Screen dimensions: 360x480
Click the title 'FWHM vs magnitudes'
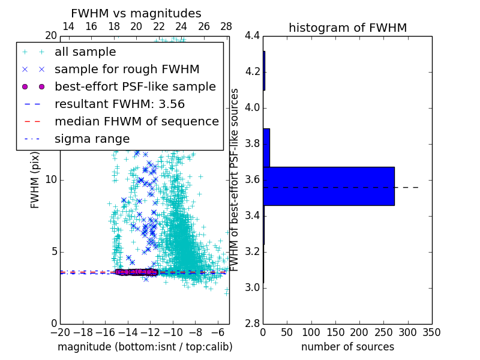(x=136, y=13)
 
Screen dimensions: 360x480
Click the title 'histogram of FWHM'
(x=347, y=28)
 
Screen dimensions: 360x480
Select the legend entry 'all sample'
(x=85, y=52)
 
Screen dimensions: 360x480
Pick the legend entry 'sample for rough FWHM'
(x=127, y=70)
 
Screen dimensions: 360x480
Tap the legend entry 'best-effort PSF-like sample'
(x=135, y=86)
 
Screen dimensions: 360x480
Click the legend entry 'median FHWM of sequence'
(x=136, y=121)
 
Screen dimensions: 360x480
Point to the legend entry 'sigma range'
(x=92, y=139)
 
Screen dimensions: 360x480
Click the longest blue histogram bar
(x=328, y=186)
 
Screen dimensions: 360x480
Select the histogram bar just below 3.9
(x=266, y=148)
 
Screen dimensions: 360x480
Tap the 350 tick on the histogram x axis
(x=431, y=332)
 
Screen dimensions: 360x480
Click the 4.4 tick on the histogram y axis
(x=252, y=36)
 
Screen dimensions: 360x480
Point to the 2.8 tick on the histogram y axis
(x=252, y=323)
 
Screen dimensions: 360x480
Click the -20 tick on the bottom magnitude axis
(x=60, y=332)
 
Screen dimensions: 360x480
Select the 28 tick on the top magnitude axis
(x=226, y=26)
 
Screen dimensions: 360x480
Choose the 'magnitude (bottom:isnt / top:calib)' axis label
(x=145, y=347)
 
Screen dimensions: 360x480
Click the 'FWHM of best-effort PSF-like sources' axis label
(x=235, y=179)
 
